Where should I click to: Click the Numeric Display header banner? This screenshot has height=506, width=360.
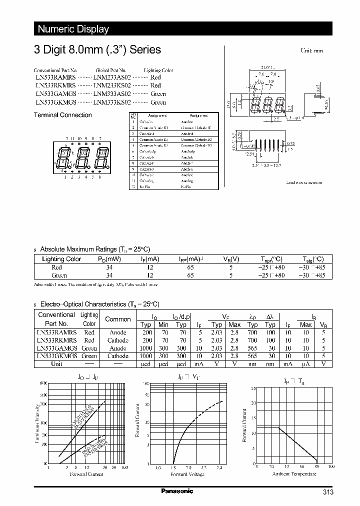pyautogui.click(x=73, y=29)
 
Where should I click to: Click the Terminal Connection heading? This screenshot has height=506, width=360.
pyautogui.click(x=62, y=115)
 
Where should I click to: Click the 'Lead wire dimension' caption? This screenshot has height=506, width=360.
pyautogui.click(x=304, y=183)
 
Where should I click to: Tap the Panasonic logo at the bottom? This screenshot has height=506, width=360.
pyautogui.click(x=176, y=491)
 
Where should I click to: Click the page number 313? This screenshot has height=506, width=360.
pyautogui.click(x=328, y=492)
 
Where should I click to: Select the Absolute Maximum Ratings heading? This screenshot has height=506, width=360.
pyautogui.click(x=94, y=249)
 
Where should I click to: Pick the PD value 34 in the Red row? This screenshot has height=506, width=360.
pyautogui.click(x=109, y=267)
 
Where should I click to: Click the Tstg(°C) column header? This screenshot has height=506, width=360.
pyautogui.click(x=313, y=259)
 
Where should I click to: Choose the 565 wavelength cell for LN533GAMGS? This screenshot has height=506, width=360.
pyautogui.click(x=252, y=348)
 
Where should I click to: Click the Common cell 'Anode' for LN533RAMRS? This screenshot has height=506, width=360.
pyautogui.click(x=118, y=332)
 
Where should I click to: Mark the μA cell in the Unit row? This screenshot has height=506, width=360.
pyautogui.click(x=306, y=364)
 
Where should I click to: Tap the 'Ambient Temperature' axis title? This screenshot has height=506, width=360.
pyautogui.click(x=293, y=473)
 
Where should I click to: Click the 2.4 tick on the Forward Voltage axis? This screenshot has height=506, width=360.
pyautogui.click(x=219, y=468)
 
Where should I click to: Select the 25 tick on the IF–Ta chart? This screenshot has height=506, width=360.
pyautogui.click(x=253, y=388)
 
